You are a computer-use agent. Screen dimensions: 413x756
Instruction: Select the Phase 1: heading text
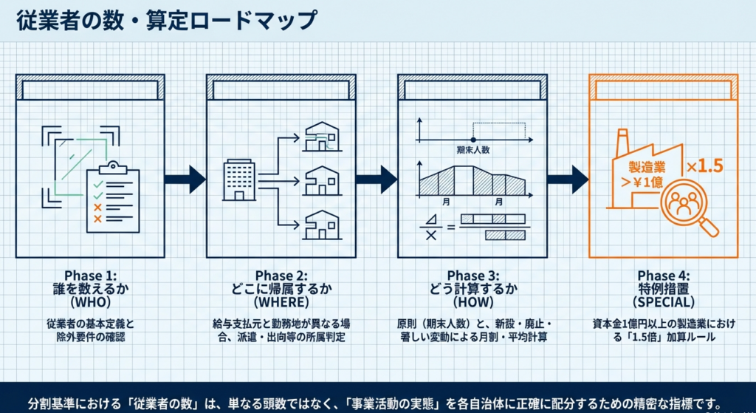click(90, 276)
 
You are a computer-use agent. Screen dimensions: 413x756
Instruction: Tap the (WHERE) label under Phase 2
click(281, 302)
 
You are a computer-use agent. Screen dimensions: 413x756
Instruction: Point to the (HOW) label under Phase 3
click(472, 302)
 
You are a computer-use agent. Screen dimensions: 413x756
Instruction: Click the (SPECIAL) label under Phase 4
click(663, 302)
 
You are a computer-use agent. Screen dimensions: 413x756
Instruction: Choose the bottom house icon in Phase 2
click(322, 225)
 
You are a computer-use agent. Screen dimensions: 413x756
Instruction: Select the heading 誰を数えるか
click(90, 289)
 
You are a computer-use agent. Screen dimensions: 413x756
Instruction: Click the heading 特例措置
click(663, 289)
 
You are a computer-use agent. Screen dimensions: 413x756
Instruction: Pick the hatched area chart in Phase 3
click(472, 181)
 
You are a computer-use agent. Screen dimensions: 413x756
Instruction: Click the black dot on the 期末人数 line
click(473, 139)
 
